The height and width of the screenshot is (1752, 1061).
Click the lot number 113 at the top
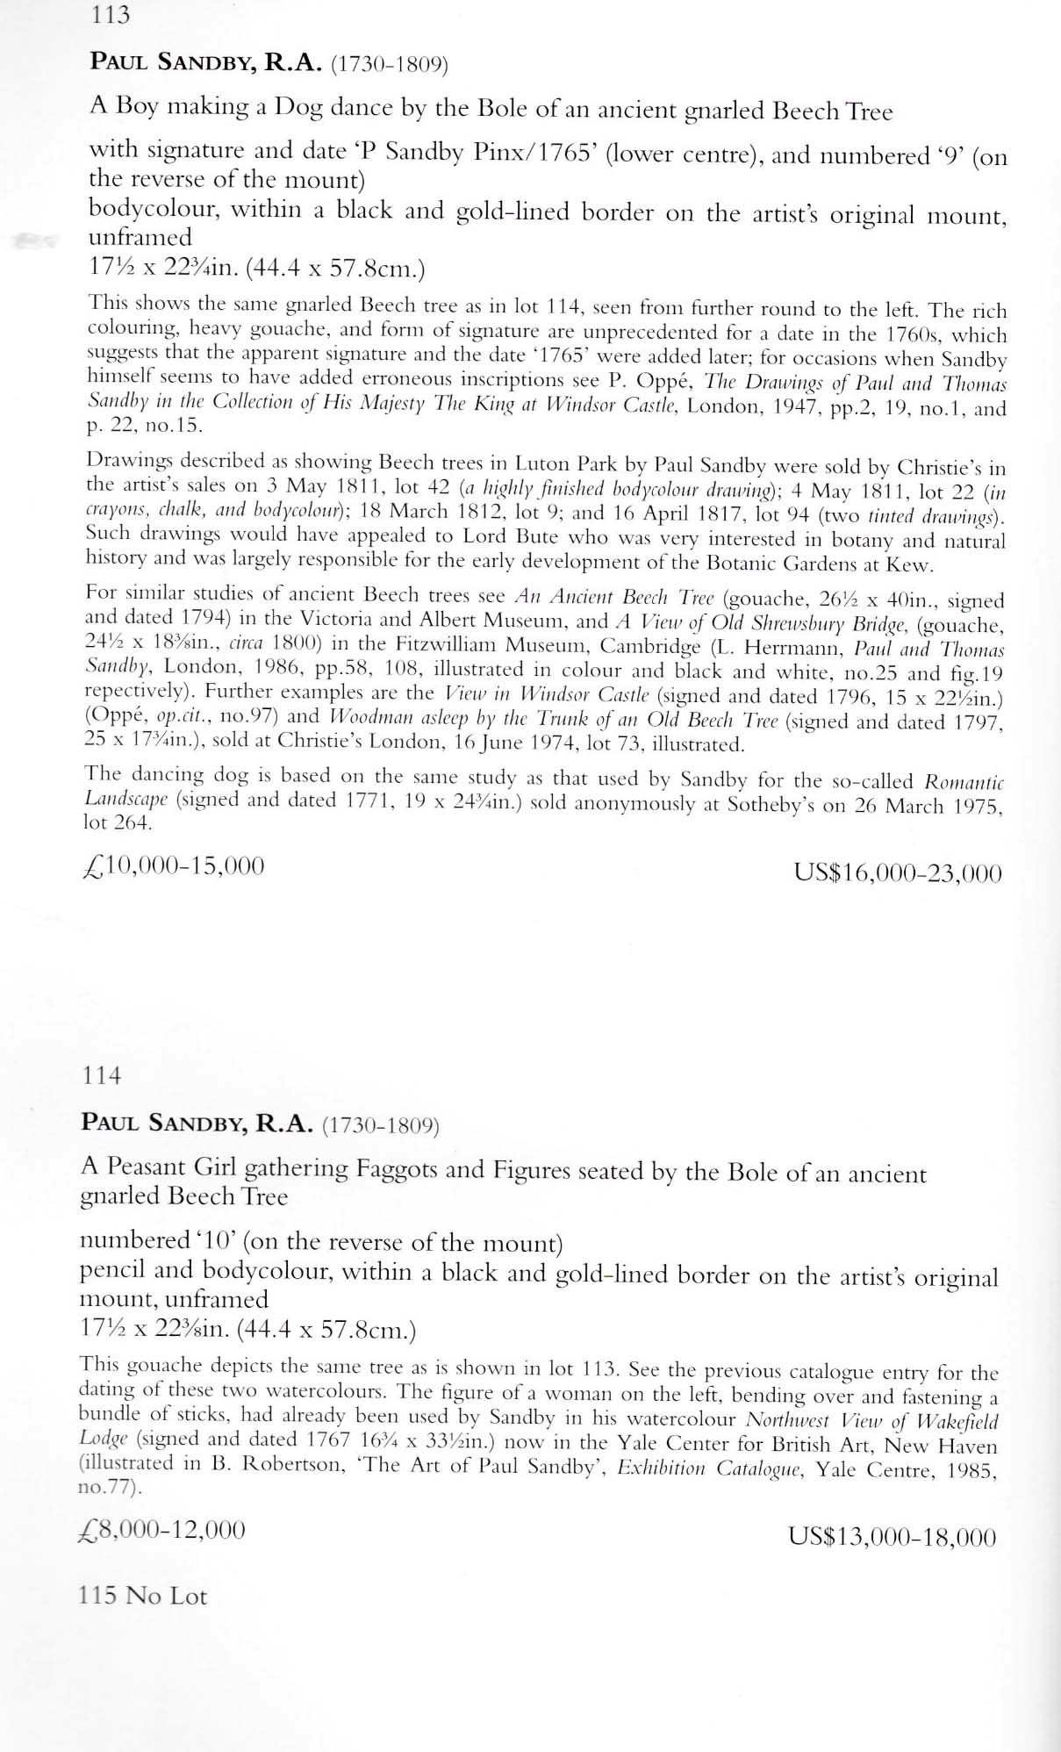click(x=110, y=15)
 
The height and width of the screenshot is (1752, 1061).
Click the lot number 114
click(x=101, y=1075)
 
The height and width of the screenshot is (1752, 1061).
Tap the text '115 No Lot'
click(x=143, y=1595)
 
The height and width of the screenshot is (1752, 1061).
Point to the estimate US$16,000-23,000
click(x=897, y=872)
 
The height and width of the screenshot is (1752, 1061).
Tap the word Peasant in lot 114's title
click(x=150, y=1167)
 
